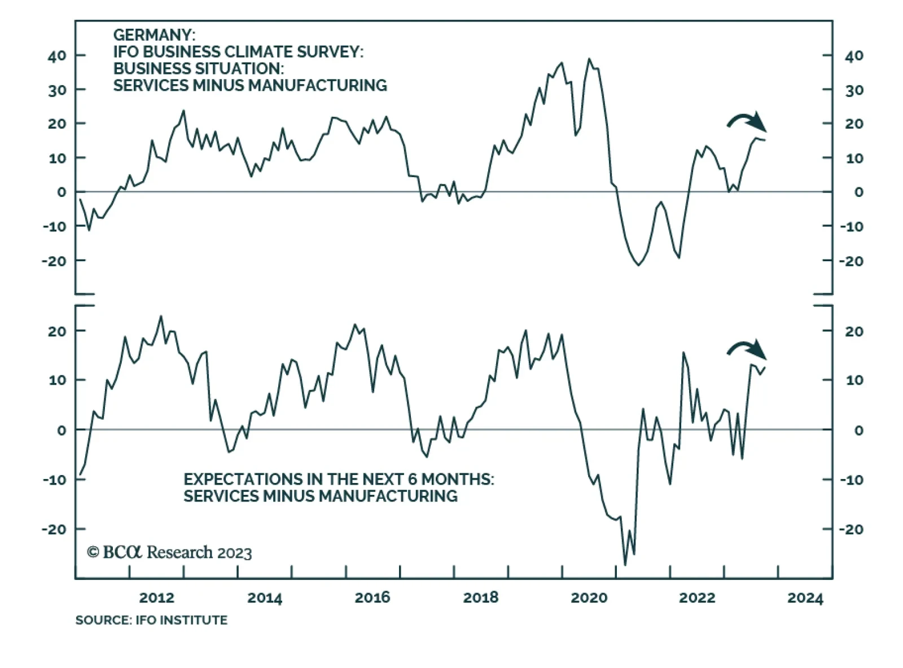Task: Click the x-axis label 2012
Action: [156, 597]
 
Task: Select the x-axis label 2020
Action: [589, 597]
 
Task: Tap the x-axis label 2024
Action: [805, 597]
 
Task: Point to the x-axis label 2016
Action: [372, 597]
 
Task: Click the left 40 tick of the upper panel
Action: [57, 55]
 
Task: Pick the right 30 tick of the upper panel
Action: [854, 90]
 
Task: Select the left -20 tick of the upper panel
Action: [54, 261]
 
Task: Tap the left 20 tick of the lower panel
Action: [57, 331]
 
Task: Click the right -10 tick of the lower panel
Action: [852, 480]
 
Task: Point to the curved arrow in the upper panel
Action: [746, 121]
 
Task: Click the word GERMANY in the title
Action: [154, 35]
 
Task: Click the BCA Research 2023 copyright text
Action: [169, 552]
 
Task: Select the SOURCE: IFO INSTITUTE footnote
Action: [151, 620]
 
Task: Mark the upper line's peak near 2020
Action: [589, 59]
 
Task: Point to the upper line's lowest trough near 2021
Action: [638, 265]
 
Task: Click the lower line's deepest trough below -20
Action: [625, 565]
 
